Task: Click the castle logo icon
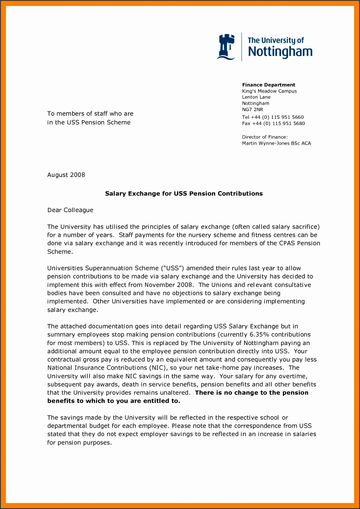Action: [x=226, y=47]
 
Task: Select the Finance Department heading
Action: [x=269, y=85]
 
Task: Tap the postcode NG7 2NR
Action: [x=252, y=109]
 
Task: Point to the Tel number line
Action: [x=273, y=117]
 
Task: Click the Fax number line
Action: [x=273, y=123]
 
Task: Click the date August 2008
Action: [x=66, y=175]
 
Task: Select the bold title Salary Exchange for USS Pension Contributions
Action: [x=184, y=193]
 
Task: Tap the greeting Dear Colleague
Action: [x=70, y=210]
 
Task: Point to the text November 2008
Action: [x=169, y=285]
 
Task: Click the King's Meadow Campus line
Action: [x=269, y=91]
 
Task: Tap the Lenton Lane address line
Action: [x=256, y=97]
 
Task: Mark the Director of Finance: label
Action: [x=265, y=137]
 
